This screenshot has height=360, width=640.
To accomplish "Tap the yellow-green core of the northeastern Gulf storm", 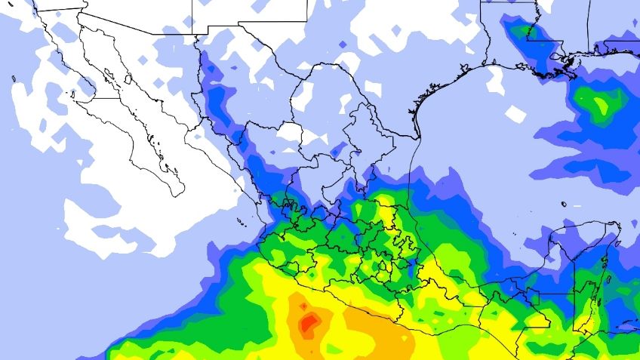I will point(601,105).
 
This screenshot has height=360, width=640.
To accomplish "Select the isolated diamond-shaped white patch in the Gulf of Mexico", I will point(516,114).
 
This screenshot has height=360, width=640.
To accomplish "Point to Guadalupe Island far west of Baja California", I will point(14,78).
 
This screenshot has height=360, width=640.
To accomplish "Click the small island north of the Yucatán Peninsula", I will point(564,204).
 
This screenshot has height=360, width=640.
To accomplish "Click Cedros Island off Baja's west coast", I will point(73,96).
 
